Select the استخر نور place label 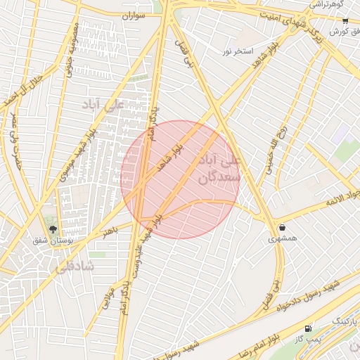(237, 52)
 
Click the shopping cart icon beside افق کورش (345, 21)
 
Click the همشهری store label (283, 239)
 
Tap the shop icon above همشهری (283, 227)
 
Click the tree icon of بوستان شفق (52, 228)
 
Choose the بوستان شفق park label (51, 240)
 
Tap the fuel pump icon (308, 328)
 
